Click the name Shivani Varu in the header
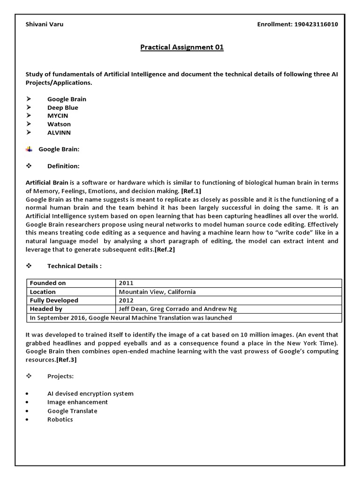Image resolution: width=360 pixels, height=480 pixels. (44, 24)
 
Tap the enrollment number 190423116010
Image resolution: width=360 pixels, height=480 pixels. (315, 24)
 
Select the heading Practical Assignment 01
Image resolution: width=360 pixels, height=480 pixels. (182, 47)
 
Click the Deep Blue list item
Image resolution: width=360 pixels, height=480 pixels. (62, 107)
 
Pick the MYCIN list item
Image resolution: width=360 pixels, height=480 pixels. (58, 116)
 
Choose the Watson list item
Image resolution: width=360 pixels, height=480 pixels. (59, 124)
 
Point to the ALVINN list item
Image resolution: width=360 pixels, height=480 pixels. (59, 133)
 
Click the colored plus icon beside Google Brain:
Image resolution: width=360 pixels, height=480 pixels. (29, 149)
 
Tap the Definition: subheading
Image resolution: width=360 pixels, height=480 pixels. (63, 166)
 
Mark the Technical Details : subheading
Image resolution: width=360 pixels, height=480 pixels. (74, 266)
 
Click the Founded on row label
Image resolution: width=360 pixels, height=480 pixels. (48, 283)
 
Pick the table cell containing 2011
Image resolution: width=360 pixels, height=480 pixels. (126, 283)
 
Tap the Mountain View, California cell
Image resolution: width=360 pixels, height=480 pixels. (157, 292)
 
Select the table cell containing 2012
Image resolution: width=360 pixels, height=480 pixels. (126, 300)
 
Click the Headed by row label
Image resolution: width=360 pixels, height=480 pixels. (46, 309)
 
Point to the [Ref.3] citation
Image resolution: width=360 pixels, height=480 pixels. (66, 360)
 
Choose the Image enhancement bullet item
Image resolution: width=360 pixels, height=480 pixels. (77, 402)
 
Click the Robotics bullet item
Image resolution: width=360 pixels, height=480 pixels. (60, 419)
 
